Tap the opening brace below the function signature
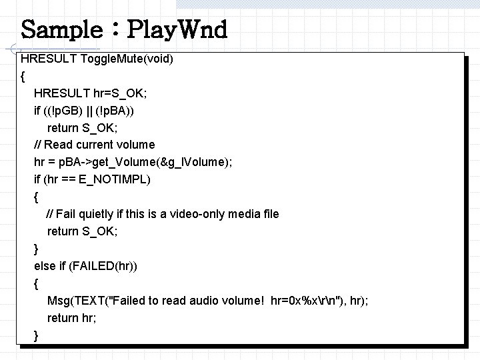(x=23, y=76)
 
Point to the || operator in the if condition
(x=88, y=110)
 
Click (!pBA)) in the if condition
(x=119, y=110)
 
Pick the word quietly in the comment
(x=101, y=214)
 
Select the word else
(x=45, y=266)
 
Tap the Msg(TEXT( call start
(x=79, y=301)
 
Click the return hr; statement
(x=71, y=318)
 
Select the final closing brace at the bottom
(x=36, y=335)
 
